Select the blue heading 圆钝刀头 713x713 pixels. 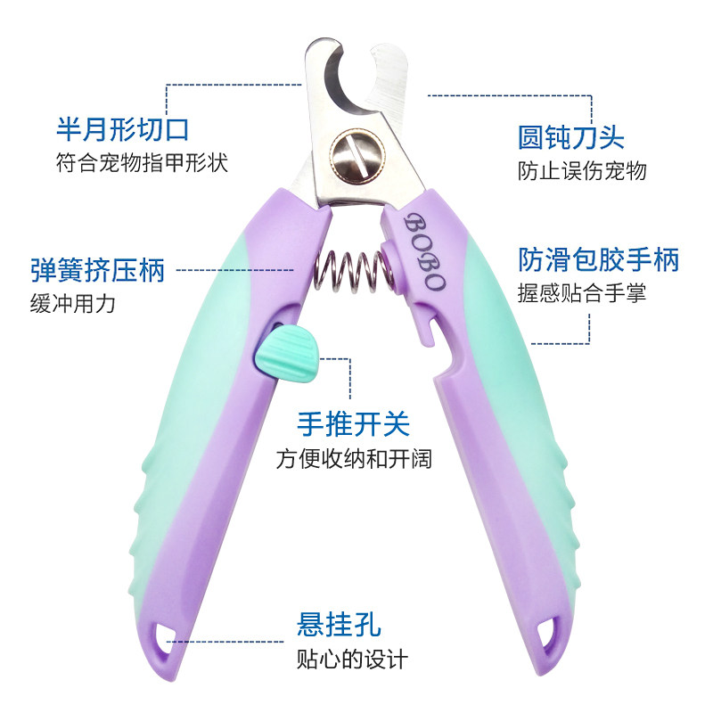tap(571, 137)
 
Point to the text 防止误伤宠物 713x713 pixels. tap(582, 171)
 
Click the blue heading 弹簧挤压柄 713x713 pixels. tap(98, 269)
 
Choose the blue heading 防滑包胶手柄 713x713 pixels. tap(599, 259)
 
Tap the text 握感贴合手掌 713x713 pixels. tap(582, 292)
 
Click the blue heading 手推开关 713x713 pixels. tap(354, 423)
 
